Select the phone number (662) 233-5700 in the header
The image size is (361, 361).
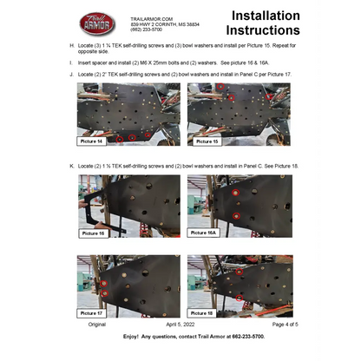tap(147, 29)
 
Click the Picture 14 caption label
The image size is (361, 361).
tap(92, 140)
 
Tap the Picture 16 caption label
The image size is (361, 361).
tap(93, 233)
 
